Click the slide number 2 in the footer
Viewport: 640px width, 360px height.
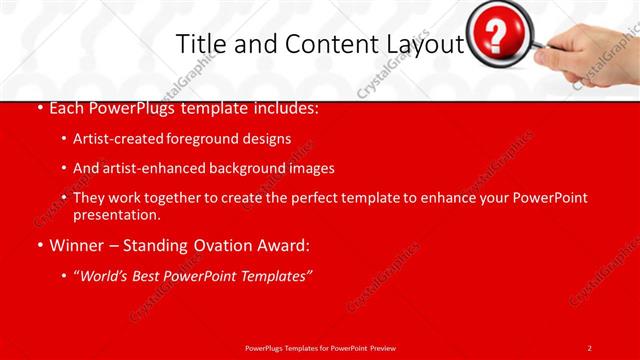coord(589,348)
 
